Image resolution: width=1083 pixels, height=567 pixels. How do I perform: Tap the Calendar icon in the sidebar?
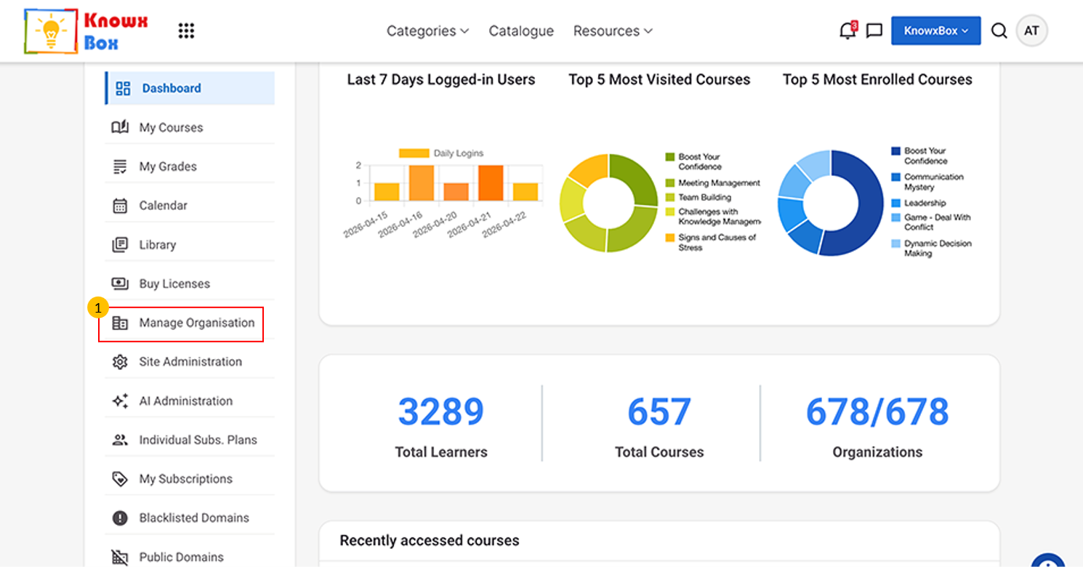click(x=120, y=206)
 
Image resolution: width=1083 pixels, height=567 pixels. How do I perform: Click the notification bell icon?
click(x=847, y=31)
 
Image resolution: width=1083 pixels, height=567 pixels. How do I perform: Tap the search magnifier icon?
click(x=999, y=31)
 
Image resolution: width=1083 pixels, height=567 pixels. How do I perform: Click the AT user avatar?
click(x=1031, y=31)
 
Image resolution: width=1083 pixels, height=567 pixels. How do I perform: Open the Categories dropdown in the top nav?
click(x=427, y=31)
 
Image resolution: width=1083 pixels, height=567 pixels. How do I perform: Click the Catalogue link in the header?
click(x=521, y=31)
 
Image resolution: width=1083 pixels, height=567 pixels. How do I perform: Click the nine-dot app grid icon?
click(x=186, y=31)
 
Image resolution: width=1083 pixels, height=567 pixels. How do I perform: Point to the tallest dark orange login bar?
click(x=491, y=182)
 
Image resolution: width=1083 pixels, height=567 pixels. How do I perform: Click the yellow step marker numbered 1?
click(x=97, y=307)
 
